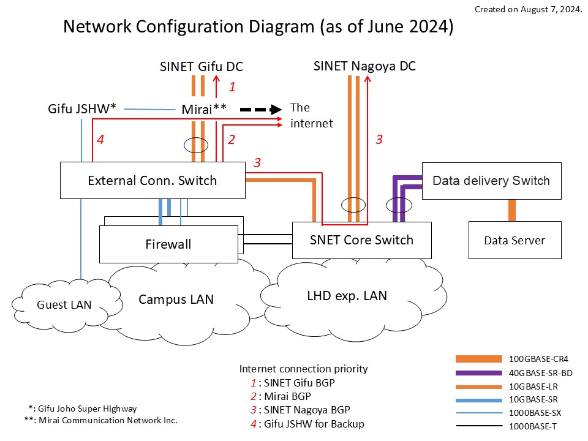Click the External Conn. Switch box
click(152, 180)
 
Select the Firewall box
click(168, 244)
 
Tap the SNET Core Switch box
click(361, 240)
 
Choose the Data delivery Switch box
click(491, 181)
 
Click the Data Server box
click(514, 240)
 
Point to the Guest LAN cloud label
click(64, 304)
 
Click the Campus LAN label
click(176, 299)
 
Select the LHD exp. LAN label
click(347, 295)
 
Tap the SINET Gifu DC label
click(202, 67)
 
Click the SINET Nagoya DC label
click(364, 66)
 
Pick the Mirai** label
click(204, 109)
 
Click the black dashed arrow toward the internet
click(260, 110)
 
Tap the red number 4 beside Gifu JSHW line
click(100, 140)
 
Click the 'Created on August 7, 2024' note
click(528, 10)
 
